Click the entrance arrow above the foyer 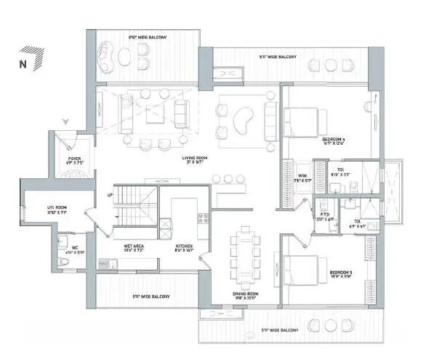(66, 122)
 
